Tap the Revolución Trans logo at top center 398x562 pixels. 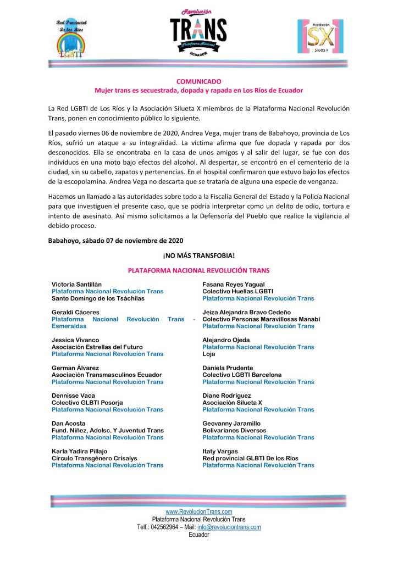click(x=198, y=34)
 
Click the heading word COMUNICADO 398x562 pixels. click(x=198, y=82)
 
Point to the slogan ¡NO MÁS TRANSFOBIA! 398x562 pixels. click(x=198, y=255)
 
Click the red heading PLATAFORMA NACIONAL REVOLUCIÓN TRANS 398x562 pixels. click(x=198, y=270)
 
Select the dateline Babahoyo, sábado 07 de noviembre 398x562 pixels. click(x=115, y=241)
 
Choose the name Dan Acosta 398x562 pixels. click(x=69, y=424)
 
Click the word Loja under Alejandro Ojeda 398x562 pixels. click(x=209, y=354)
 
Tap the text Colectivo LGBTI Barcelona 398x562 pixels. click(x=242, y=375)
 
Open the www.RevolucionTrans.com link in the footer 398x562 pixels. click(x=198, y=512)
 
